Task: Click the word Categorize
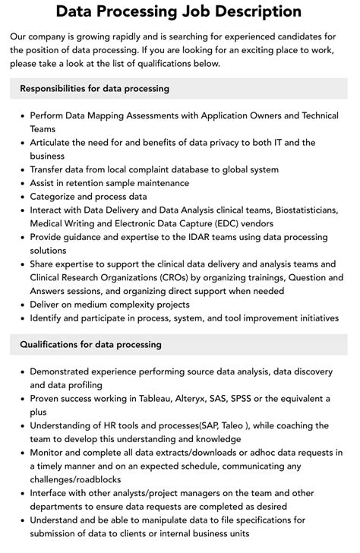click(x=55, y=197)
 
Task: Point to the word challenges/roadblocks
click(x=79, y=480)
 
